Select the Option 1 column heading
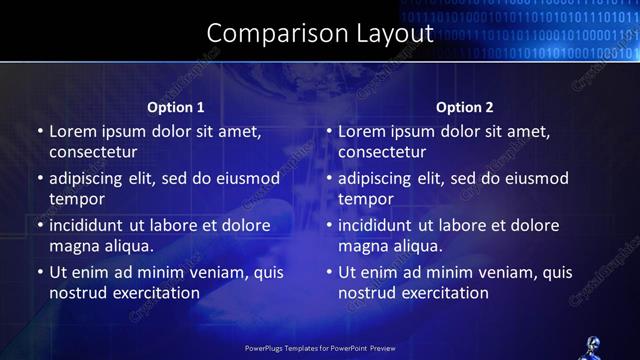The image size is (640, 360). click(176, 107)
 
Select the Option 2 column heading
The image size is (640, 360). click(465, 107)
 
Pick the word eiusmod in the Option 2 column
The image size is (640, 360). click(534, 178)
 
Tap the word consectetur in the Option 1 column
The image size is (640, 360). click(93, 151)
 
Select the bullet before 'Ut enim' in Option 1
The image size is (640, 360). click(38, 272)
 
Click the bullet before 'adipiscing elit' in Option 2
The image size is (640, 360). click(328, 179)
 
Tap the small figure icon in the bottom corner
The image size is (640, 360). click(589, 348)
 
